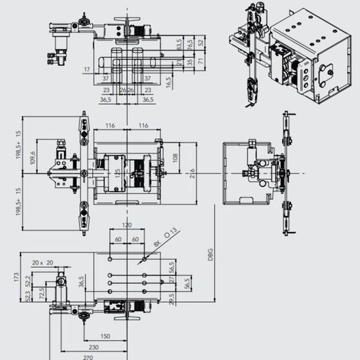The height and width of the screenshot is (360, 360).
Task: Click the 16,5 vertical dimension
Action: click(169, 82)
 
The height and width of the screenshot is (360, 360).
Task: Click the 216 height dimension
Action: click(192, 173)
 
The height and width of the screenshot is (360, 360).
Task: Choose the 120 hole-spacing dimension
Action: click(126, 226)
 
